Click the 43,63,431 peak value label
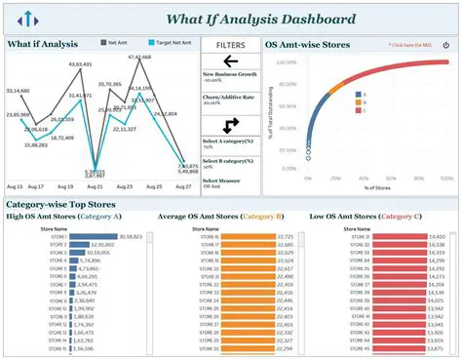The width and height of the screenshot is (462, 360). [80, 64]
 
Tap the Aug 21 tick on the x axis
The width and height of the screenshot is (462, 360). [95, 185]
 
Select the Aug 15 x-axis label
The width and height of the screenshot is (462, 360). [15, 185]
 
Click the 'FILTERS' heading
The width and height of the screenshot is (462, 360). [230, 45]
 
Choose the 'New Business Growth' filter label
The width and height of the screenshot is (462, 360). [229, 74]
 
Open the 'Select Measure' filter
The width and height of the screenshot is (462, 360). [222, 180]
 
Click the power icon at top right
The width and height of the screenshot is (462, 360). [446, 45]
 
